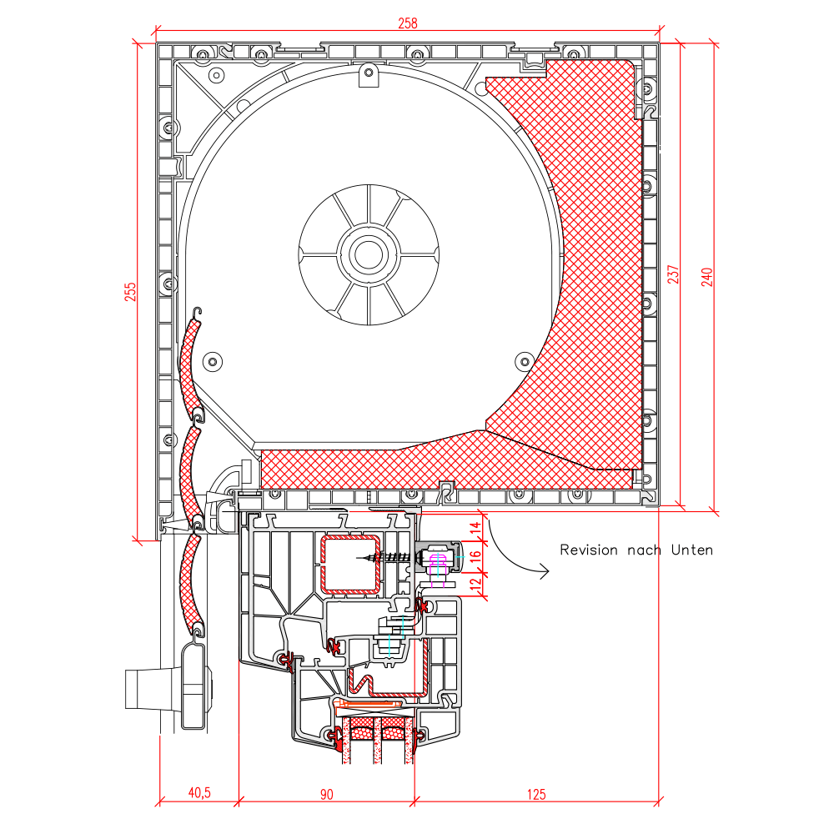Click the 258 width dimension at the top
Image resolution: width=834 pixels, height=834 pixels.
pyautogui.click(x=408, y=23)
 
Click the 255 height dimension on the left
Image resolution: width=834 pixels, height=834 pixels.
pyautogui.click(x=130, y=292)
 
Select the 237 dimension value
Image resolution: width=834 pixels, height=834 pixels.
pyautogui.click(x=673, y=274)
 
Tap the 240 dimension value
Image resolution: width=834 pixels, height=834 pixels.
pyautogui.click(x=706, y=277)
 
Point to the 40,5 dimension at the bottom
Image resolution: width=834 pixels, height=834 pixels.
pyautogui.click(x=199, y=792)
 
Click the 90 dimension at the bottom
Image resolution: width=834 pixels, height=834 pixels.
pyautogui.click(x=327, y=794)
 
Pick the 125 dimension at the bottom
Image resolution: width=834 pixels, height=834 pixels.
pyautogui.click(x=536, y=794)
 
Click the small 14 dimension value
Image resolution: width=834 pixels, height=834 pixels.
pyautogui.click(x=475, y=528)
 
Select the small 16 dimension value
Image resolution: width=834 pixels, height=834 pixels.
pyautogui.click(x=475, y=555)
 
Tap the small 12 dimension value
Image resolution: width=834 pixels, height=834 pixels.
pyautogui.click(x=475, y=583)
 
